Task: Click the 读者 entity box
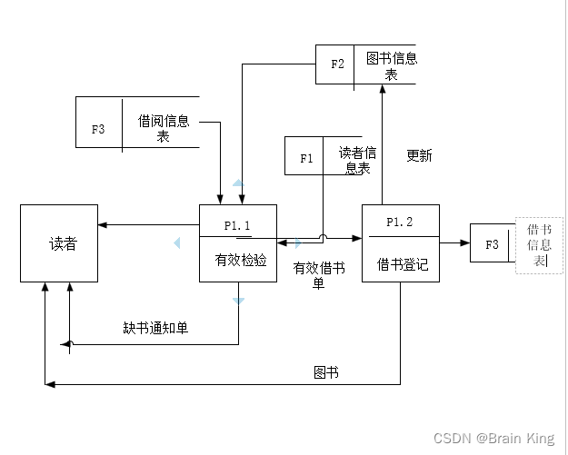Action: click(59, 243)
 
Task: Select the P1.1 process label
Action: click(237, 223)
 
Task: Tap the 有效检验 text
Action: click(241, 260)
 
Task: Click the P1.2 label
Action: click(399, 222)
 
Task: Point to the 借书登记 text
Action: click(403, 265)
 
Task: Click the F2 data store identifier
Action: click(337, 64)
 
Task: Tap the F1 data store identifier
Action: click(305, 158)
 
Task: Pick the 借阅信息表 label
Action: click(164, 128)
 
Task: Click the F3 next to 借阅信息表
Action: click(98, 129)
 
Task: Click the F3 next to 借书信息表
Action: click(492, 244)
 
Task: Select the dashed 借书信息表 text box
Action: click(540, 244)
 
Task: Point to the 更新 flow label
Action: click(419, 155)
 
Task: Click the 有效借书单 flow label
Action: click(318, 275)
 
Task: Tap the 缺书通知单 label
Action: click(155, 327)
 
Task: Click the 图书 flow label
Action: click(326, 372)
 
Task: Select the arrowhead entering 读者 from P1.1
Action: click(104, 224)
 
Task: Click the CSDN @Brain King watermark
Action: click(493, 439)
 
